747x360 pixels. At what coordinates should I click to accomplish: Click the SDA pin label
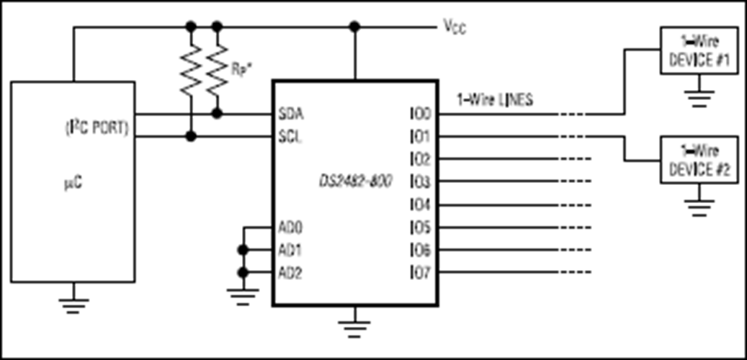[291, 114]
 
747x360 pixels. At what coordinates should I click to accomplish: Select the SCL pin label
[290, 138]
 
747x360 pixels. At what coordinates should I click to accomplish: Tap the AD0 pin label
[290, 227]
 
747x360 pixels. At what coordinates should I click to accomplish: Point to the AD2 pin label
[290, 273]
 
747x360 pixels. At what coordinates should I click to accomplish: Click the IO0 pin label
[420, 114]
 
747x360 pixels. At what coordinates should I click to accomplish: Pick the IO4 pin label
[420, 205]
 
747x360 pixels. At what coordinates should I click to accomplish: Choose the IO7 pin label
[420, 273]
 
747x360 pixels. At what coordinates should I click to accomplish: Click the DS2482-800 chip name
[356, 182]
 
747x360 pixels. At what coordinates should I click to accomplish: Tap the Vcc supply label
[455, 27]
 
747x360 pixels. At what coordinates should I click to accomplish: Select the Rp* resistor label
[241, 69]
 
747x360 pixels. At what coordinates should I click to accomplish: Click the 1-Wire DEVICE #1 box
[699, 50]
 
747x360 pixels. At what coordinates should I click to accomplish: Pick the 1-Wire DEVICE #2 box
[699, 160]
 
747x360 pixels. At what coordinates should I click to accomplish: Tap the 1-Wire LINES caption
[494, 101]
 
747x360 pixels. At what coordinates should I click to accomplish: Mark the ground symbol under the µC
[73, 303]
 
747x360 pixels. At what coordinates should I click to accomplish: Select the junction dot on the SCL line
[191, 137]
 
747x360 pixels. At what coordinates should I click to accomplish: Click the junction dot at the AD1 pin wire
[243, 250]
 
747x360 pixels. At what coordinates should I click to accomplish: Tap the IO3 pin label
[420, 182]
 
